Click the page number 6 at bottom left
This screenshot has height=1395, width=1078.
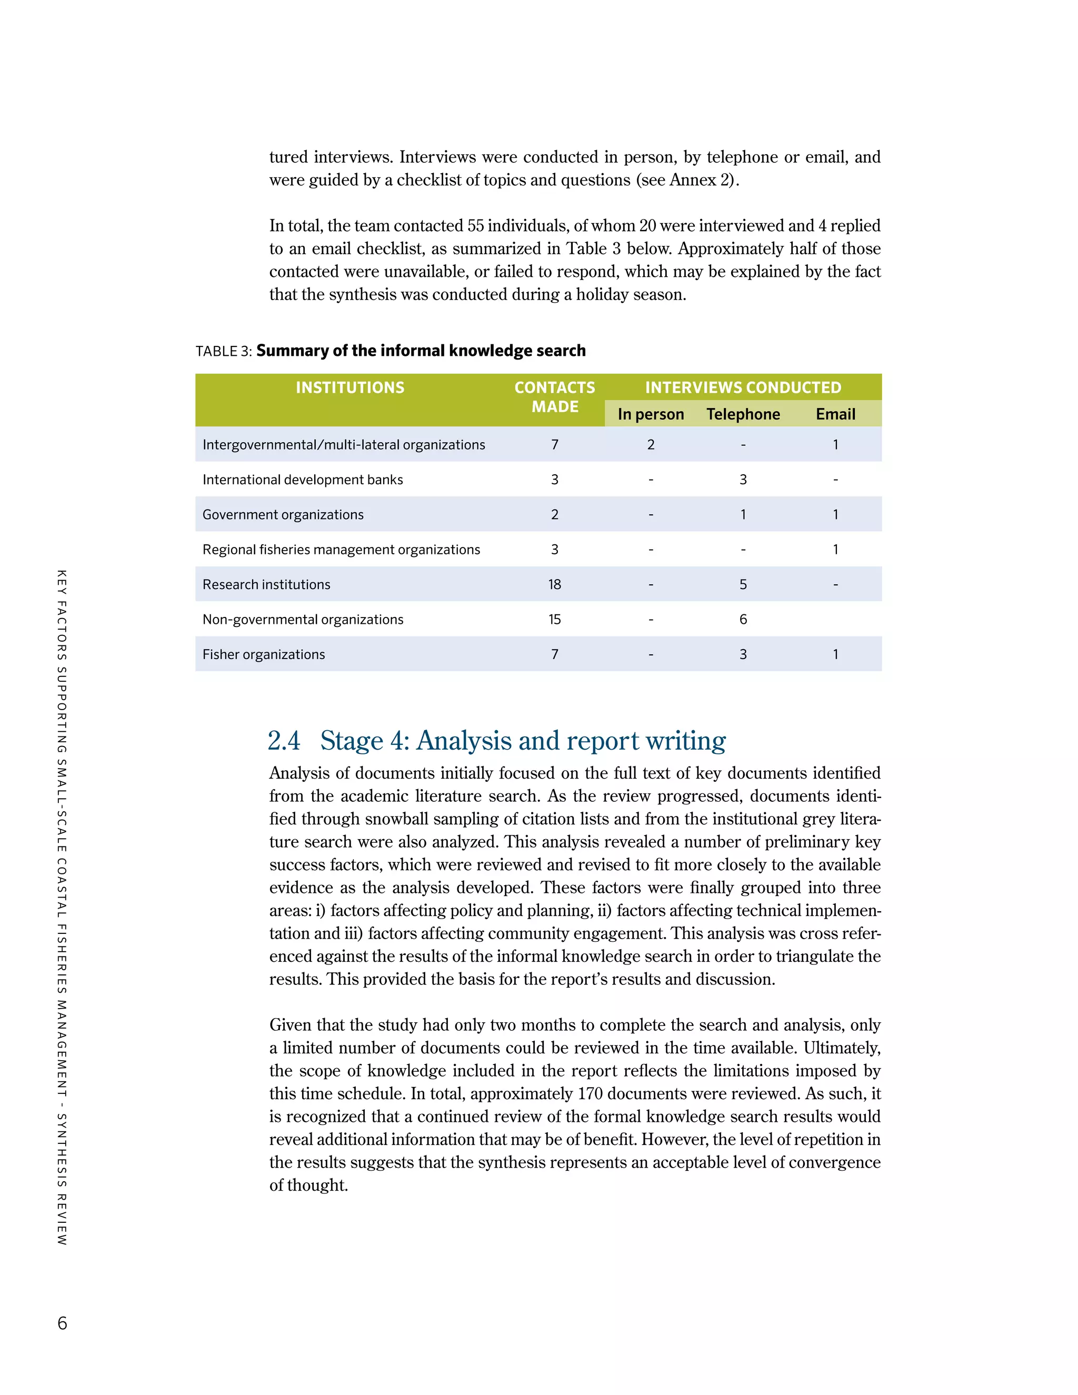62,1323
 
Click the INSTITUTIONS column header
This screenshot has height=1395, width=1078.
350,388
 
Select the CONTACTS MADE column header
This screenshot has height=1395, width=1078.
554,397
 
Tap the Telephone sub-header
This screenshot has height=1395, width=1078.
743,414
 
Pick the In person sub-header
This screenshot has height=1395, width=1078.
651,414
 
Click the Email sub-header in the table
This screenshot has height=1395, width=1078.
835,414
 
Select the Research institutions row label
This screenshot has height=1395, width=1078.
266,584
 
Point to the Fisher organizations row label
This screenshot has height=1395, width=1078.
263,654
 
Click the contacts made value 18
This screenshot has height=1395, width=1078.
554,584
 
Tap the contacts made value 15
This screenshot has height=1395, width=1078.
554,620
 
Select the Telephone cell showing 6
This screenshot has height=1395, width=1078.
743,620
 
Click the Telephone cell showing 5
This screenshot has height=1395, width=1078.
743,584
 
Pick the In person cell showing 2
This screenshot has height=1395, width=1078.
651,445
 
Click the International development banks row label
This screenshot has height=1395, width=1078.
303,480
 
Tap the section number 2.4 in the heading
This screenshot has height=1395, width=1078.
284,741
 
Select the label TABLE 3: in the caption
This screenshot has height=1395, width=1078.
224,351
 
